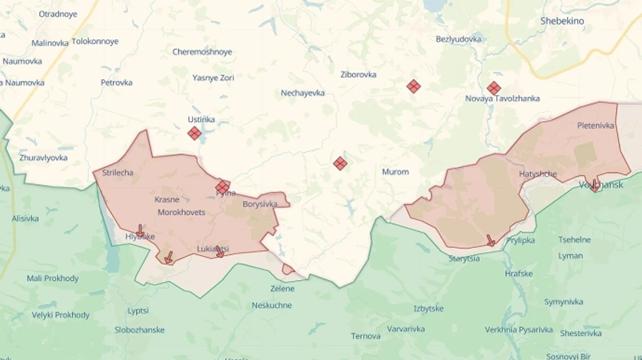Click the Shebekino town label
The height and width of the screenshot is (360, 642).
pyautogui.click(x=562, y=21)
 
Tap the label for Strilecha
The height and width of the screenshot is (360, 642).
pyautogui.click(x=118, y=173)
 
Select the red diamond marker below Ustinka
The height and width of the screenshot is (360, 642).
pyautogui.click(x=194, y=133)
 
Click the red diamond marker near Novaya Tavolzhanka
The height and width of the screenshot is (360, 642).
pyautogui.click(x=494, y=88)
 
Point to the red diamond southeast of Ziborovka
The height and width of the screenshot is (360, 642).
pyautogui.click(x=413, y=86)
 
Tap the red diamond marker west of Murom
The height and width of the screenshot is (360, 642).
pyautogui.click(x=340, y=163)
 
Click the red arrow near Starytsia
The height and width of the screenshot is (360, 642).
pyautogui.click(x=491, y=240)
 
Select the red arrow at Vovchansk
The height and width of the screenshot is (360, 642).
pyautogui.click(x=594, y=185)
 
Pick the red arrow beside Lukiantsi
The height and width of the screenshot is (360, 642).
pyautogui.click(x=220, y=252)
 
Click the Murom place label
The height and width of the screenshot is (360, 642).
pyautogui.click(x=395, y=172)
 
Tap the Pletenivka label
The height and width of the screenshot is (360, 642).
pyautogui.click(x=595, y=125)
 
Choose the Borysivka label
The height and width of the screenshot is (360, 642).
pyautogui.click(x=260, y=204)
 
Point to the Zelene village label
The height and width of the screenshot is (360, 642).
pyautogui.click(x=282, y=289)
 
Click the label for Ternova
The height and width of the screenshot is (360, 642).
pyautogui.click(x=365, y=336)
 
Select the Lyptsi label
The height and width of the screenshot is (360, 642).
pyautogui.click(x=138, y=311)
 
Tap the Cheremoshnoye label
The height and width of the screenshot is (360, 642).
pyautogui.click(x=202, y=52)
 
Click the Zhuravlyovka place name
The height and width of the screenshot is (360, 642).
pyautogui.click(x=44, y=158)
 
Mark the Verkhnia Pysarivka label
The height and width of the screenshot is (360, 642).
pyautogui.click(x=519, y=329)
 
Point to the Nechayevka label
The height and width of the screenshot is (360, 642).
pyautogui.click(x=302, y=93)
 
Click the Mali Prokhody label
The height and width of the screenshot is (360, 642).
pyautogui.click(x=53, y=278)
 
